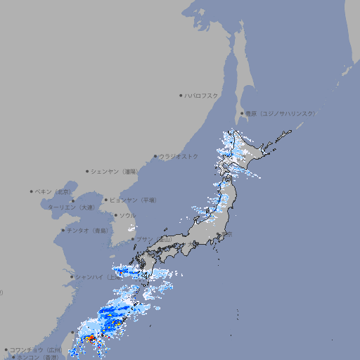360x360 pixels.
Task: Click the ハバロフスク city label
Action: (x=201, y=95)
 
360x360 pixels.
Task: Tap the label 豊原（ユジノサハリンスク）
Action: (x=280, y=113)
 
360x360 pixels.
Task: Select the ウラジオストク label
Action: (x=179, y=156)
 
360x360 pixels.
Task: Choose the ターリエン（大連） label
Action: (x=71, y=207)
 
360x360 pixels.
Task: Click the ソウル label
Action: (x=127, y=215)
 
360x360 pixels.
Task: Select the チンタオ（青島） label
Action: (x=88, y=230)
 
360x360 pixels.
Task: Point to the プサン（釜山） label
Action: (x=153, y=240)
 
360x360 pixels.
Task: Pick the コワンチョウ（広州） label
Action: (x=36, y=349)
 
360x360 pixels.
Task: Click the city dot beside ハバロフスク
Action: (x=181, y=95)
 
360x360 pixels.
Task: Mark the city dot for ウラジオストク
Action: (x=155, y=156)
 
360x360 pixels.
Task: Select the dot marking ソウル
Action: (x=115, y=215)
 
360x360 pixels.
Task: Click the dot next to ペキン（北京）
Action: (x=32, y=191)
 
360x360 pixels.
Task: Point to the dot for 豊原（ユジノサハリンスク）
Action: (x=242, y=113)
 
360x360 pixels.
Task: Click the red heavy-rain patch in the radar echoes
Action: (x=91, y=338)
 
